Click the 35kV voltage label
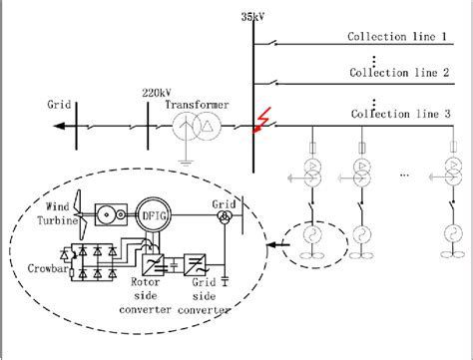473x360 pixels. (x=255, y=17)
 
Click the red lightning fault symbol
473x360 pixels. (x=263, y=124)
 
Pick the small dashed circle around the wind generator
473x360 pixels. (x=310, y=244)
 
